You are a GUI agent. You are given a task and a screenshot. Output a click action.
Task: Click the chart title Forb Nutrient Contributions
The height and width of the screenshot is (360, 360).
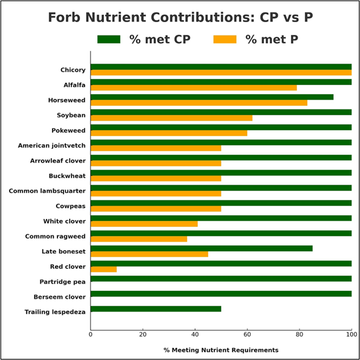tap(180, 17)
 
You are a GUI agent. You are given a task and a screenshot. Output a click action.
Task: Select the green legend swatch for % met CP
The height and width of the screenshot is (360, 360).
tap(109, 40)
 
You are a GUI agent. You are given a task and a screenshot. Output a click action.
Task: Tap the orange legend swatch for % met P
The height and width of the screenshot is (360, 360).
tap(225, 40)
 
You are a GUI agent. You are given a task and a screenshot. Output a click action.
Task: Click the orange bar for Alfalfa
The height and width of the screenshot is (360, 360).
tap(193, 88)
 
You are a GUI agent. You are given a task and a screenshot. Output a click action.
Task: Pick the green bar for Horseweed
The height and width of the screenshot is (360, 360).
tap(211, 97)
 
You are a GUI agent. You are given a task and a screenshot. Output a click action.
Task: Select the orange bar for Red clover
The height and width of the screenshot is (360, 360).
tap(103, 270)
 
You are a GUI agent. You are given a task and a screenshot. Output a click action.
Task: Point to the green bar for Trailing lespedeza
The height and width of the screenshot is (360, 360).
tap(155, 309)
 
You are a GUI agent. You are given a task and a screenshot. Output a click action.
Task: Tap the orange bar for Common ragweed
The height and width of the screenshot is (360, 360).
tap(139, 239)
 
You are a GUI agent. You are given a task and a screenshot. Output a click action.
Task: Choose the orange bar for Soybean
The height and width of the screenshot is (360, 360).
tap(171, 118)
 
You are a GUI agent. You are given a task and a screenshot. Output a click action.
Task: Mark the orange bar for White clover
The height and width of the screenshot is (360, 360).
tap(144, 224)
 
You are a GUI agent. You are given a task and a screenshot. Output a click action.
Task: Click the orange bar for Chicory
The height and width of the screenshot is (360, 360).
tap(221, 73)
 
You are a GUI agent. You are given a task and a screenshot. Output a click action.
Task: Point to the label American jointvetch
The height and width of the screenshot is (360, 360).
tap(51, 145)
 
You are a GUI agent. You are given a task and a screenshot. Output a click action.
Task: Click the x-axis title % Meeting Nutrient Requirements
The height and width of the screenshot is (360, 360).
tap(221, 350)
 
